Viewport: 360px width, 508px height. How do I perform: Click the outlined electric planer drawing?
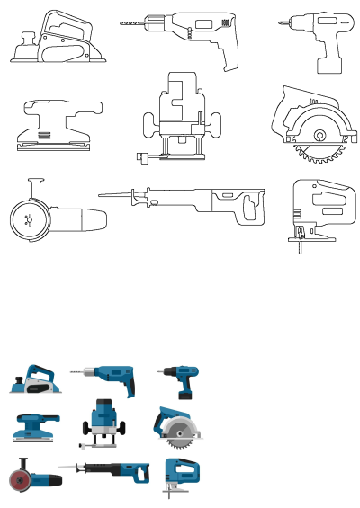click(54, 40)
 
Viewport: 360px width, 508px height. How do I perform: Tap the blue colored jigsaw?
click(180, 472)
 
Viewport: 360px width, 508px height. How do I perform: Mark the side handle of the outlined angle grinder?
click(38, 187)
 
